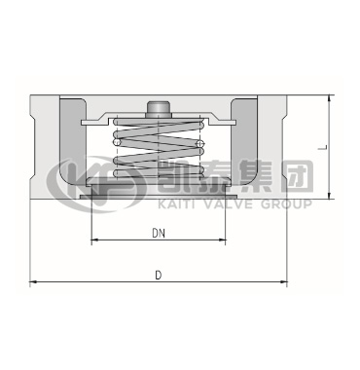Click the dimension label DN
coord(159,233)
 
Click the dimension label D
coord(159,276)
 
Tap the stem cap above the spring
coord(158,109)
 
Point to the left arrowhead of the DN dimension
coord(94,240)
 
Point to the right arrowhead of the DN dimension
coord(222,240)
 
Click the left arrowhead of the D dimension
coord(33,281)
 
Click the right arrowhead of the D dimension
coord(284,281)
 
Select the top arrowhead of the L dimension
coord(330,98)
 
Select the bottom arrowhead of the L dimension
coord(330,196)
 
